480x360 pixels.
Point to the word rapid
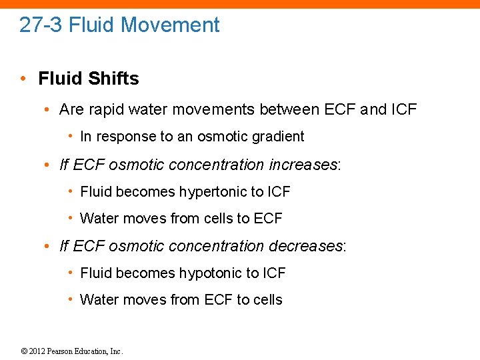click(x=105, y=109)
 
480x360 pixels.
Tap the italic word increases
click(x=305, y=164)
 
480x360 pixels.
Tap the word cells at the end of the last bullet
click(x=268, y=300)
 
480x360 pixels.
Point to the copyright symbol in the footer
click(x=24, y=351)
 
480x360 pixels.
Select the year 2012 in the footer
click(x=37, y=351)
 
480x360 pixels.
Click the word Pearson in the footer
click(x=61, y=351)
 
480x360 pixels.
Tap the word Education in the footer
click(x=93, y=351)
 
